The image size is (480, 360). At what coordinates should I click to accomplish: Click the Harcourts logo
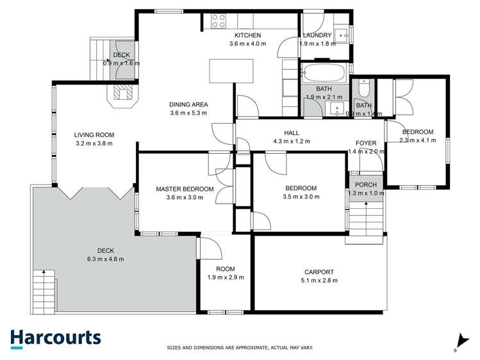pyautogui.click(x=55, y=338)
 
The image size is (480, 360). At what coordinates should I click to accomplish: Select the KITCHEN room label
pyautogui.click(x=247, y=35)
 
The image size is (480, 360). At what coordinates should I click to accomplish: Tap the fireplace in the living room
pyautogui.click(x=122, y=94)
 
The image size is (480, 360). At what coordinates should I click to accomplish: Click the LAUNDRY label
pyautogui.click(x=317, y=35)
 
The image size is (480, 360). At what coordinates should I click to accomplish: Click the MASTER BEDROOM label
pyautogui.click(x=185, y=189)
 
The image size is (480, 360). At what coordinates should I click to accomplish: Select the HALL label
pyautogui.click(x=292, y=133)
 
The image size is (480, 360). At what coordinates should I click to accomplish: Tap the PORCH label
pyautogui.click(x=365, y=184)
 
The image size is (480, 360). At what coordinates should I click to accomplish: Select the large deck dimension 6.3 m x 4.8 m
pyautogui.click(x=105, y=259)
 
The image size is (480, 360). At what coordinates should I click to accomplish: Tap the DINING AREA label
pyautogui.click(x=188, y=104)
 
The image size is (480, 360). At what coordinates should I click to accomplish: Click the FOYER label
pyautogui.click(x=365, y=143)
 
